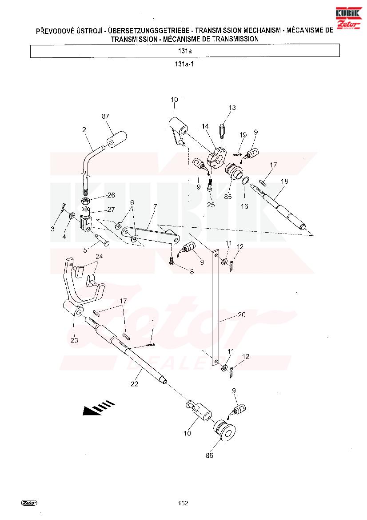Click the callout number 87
point(105,116)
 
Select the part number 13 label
point(232,108)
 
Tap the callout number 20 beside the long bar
point(242,314)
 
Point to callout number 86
point(209,456)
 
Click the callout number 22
point(134,384)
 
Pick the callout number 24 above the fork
point(99,256)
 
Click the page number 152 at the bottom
point(183,503)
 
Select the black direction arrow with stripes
point(98,408)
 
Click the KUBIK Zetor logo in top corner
point(348,18)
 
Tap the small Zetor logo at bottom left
point(29,503)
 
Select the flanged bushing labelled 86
point(224,430)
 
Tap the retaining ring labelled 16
point(245,181)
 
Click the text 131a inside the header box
point(185,51)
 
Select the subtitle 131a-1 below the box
point(184,64)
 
